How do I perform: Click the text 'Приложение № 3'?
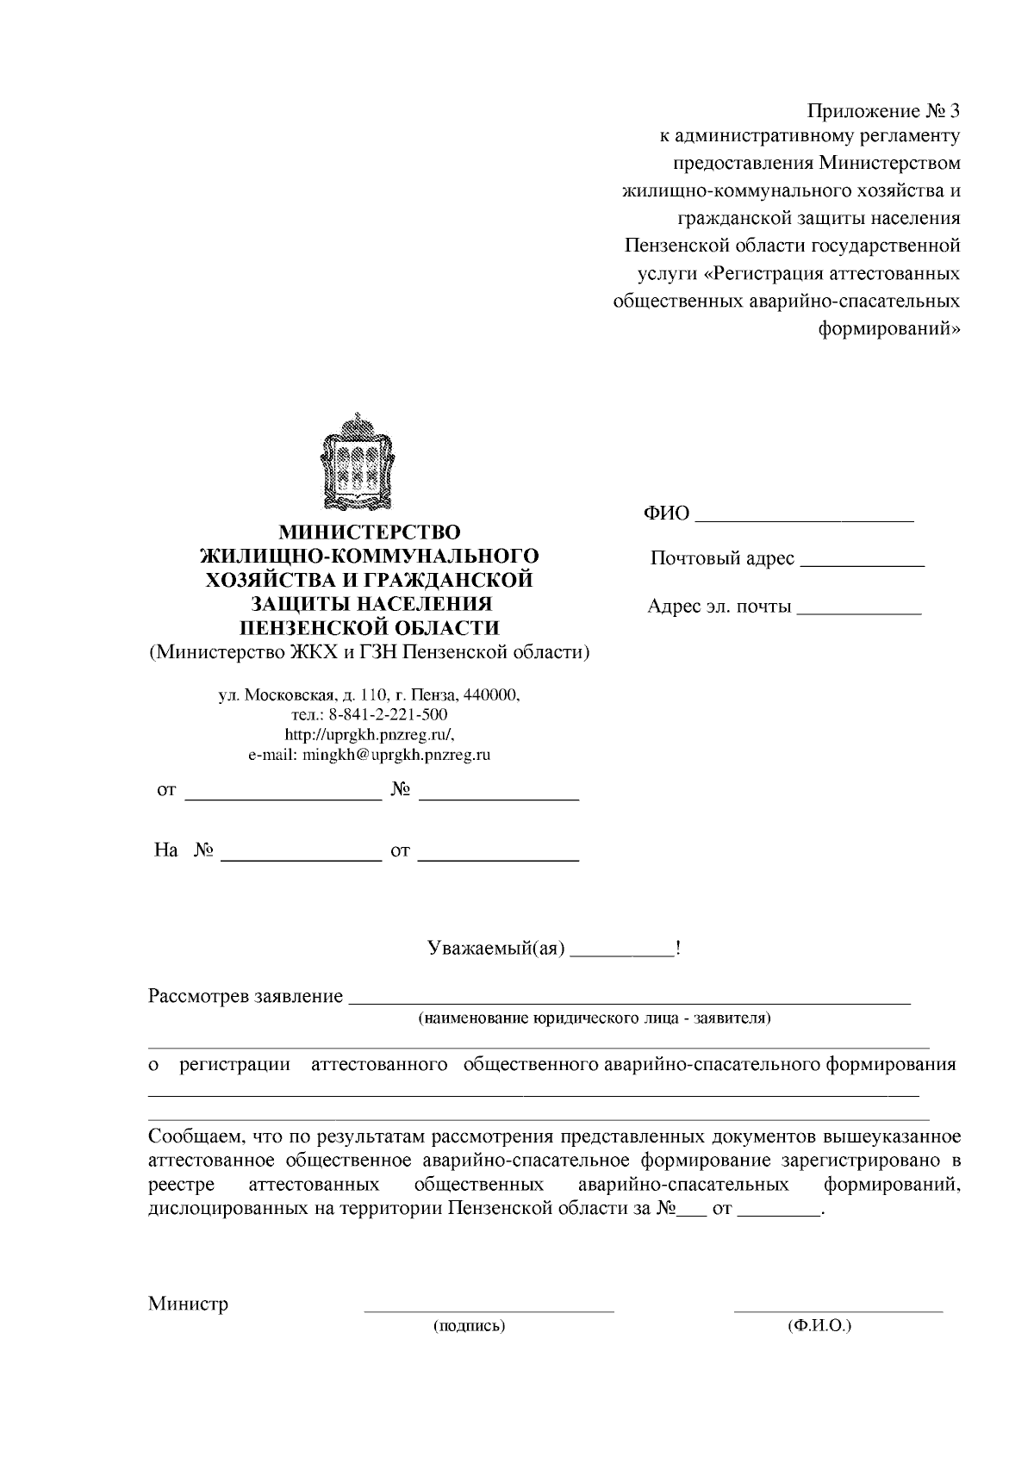882,111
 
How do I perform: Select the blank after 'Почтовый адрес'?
862,564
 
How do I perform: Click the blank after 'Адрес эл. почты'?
859,612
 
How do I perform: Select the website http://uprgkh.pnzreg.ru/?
369,734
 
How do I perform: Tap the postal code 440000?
491,694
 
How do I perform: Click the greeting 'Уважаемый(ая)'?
496,949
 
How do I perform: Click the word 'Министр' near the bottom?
188,1303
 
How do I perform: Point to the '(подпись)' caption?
468,1326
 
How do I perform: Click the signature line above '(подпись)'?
489,1310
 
